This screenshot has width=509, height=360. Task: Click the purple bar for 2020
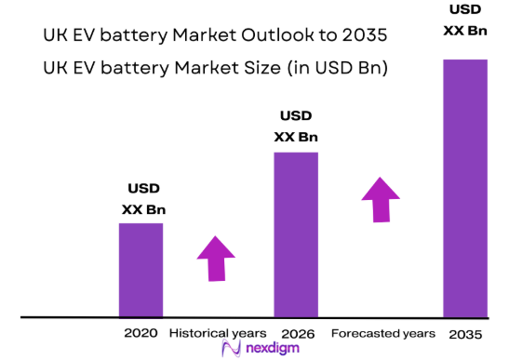[141, 270]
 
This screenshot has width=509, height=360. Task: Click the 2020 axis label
[141, 333]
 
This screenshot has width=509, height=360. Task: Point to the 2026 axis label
[295, 333]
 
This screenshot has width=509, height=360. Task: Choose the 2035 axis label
[464, 333]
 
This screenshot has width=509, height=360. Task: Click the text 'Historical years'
[218, 333]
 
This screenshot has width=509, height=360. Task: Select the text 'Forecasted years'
[382, 333]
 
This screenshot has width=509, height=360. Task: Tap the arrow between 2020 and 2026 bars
[217, 258]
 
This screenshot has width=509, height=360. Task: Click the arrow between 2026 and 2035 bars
[381, 198]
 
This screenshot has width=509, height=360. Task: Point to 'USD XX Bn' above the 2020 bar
[143, 199]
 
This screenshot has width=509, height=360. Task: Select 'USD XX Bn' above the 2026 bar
[296, 127]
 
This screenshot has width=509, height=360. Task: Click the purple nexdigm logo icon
[230, 350]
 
